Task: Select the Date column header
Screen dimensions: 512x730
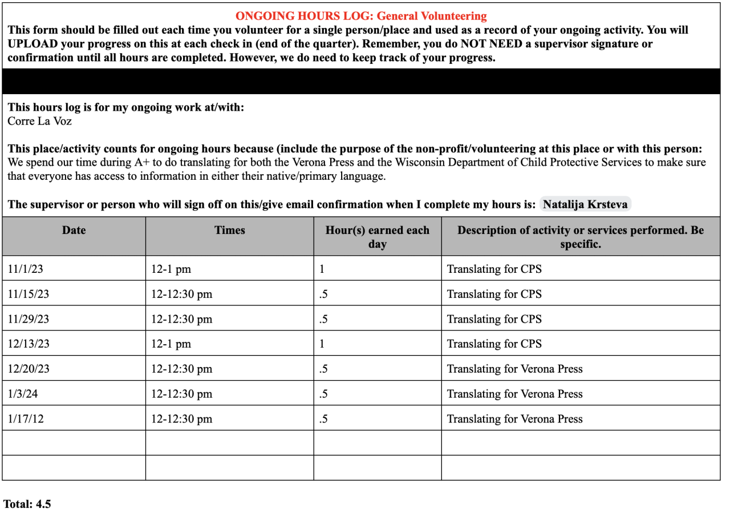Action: pyautogui.click(x=74, y=230)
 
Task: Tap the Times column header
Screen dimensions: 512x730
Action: pyautogui.click(x=229, y=230)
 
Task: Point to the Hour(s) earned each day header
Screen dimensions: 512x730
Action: pyautogui.click(x=377, y=237)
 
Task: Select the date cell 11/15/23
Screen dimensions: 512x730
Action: pyautogui.click(x=28, y=294)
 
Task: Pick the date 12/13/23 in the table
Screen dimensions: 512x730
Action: pyautogui.click(x=28, y=344)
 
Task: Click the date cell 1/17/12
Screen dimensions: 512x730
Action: pyautogui.click(x=26, y=419)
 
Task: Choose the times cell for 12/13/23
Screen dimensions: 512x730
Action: pyautogui.click(x=171, y=344)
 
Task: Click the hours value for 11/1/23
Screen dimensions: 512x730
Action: pyautogui.click(x=322, y=269)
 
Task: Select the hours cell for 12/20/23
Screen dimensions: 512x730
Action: pyautogui.click(x=323, y=369)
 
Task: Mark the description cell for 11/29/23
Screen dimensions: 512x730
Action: pyautogui.click(x=494, y=319)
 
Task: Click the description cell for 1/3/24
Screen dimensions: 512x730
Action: pyautogui.click(x=514, y=394)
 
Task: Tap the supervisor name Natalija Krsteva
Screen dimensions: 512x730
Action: pyautogui.click(x=585, y=204)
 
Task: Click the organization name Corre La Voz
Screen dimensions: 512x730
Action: pyautogui.click(x=39, y=121)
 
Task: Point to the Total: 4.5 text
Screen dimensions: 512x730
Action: pyautogui.click(x=27, y=504)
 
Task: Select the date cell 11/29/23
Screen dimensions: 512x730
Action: pyautogui.click(x=28, y=319)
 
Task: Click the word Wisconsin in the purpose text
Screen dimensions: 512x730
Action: pyautogui.click(x=439, y=162)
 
